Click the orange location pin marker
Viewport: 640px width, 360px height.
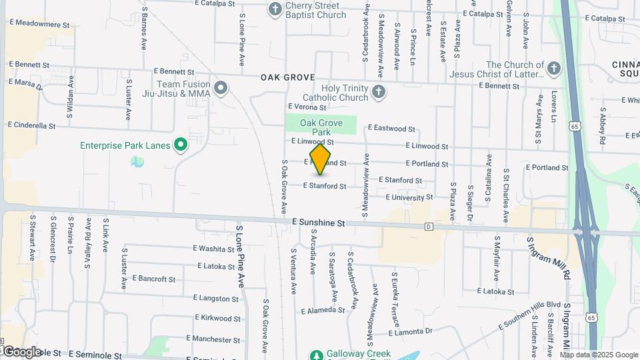[x=321, y=159]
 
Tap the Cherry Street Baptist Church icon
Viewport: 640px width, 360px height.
[x=275, y=9]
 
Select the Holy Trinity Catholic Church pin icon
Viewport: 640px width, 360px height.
[x=379, y=92]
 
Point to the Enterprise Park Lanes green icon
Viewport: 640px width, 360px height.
[x=180, y=145]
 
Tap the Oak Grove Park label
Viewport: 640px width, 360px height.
[x=321, y=127]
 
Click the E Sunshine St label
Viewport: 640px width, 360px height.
[x=318, y=224]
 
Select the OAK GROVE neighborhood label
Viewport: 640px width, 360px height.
[x=287, y=77]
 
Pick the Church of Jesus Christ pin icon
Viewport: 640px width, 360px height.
[x=553, y=69]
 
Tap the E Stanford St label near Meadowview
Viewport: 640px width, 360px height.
[x=400, y=180]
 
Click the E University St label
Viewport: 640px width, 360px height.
[x=409, y=197]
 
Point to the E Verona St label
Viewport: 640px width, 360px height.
[x=307, y=107]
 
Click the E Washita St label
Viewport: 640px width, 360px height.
[x=214, y=248]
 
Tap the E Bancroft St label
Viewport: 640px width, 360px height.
[x=153, y=279]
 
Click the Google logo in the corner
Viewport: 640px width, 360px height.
[x=21, y=351]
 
